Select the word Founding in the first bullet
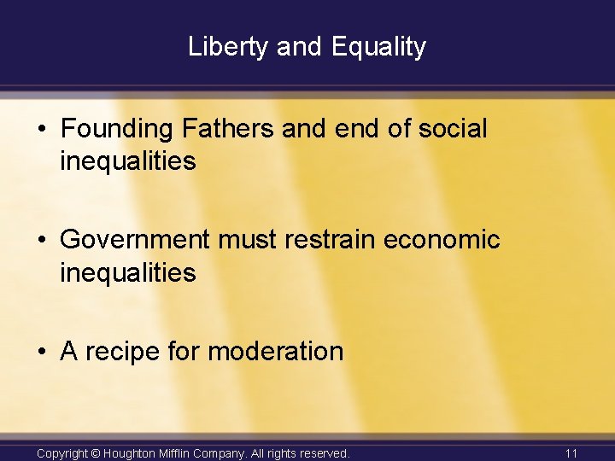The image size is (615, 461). tap(117, 129)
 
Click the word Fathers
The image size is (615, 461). tap(226, 129)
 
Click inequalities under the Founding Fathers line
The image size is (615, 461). tap(128, 160)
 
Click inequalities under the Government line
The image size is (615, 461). tap(128, 272)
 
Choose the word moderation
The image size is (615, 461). tap(275, 351)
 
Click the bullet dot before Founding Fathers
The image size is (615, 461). tap(42, 130)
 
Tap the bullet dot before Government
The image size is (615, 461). tap(42, 241)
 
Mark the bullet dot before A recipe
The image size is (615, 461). tap(42, 352)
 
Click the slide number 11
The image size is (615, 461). tap(572, 452)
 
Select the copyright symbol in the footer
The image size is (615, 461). tap(95, 452)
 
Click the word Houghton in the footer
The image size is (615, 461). tap(130, 452)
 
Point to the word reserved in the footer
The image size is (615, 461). tap(320, 452)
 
